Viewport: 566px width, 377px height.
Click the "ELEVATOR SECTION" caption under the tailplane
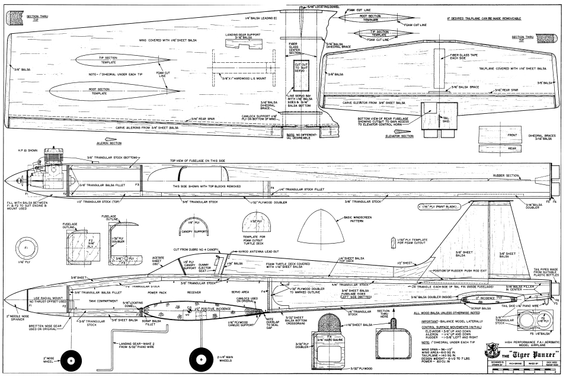398,136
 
